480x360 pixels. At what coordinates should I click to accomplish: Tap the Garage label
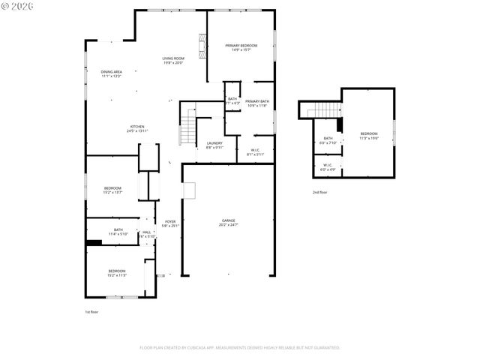click(228, 223)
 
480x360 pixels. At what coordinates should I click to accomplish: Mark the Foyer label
click(170, 223)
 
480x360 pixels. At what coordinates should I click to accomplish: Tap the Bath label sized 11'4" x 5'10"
click(118, 232)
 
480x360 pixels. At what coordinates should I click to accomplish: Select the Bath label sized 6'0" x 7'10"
click(328, 140)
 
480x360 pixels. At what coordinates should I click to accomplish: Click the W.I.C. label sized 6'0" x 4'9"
click(328, 166)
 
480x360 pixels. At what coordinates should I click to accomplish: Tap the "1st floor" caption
click(91, 311)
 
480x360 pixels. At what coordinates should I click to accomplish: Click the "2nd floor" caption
click(319, 192)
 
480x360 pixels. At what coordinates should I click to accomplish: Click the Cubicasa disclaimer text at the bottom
click(240, 347)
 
